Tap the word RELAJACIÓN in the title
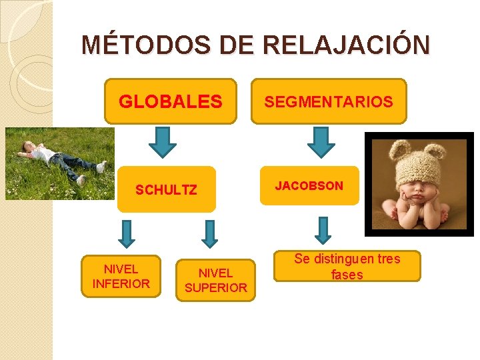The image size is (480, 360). point(347,45)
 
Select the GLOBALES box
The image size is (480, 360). point(171,101)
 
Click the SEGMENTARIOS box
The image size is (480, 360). point(329,101)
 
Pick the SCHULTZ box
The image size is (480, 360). point(166,189)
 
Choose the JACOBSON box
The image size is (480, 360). point(309,185)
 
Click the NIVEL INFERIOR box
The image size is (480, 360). point(121,276)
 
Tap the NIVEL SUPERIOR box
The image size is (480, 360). point(215,280)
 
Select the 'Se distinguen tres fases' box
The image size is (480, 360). point(347,266)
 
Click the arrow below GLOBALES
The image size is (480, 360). point(162,140)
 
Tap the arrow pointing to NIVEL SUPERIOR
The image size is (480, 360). point(210,233)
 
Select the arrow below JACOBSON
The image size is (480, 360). point(323,230)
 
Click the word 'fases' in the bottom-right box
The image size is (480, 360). point(347,275)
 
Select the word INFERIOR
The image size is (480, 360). point(121,283)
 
